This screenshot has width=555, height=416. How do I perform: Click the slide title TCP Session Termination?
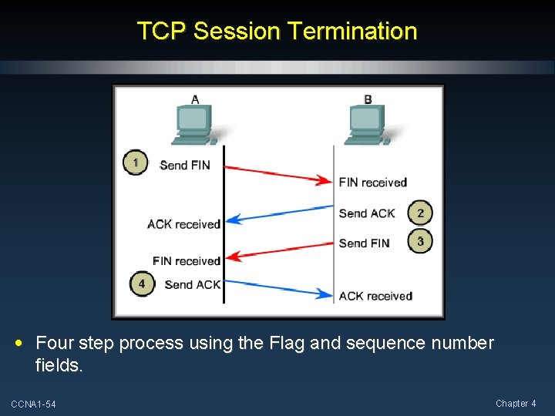277,32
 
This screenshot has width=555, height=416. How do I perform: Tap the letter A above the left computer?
195,99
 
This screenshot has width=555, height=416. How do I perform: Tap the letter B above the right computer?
368,99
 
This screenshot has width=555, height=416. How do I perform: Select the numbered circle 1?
136,163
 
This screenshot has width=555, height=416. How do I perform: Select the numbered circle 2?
420,213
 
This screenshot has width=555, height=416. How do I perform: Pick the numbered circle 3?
420,242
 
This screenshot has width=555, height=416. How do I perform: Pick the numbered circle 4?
141,283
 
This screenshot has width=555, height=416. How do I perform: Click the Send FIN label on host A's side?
185,165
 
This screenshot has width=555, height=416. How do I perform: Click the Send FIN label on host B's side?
364,243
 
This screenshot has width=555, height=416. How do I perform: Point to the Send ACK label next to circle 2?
367,213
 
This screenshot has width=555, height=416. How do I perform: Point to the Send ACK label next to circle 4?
192,284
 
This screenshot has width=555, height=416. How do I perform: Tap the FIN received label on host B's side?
372,183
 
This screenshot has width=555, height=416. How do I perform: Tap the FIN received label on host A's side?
187,261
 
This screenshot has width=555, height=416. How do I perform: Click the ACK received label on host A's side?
183,224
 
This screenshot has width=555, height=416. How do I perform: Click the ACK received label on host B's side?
375,296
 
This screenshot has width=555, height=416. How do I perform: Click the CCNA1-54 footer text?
33,404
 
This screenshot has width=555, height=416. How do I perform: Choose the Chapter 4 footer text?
515,404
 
